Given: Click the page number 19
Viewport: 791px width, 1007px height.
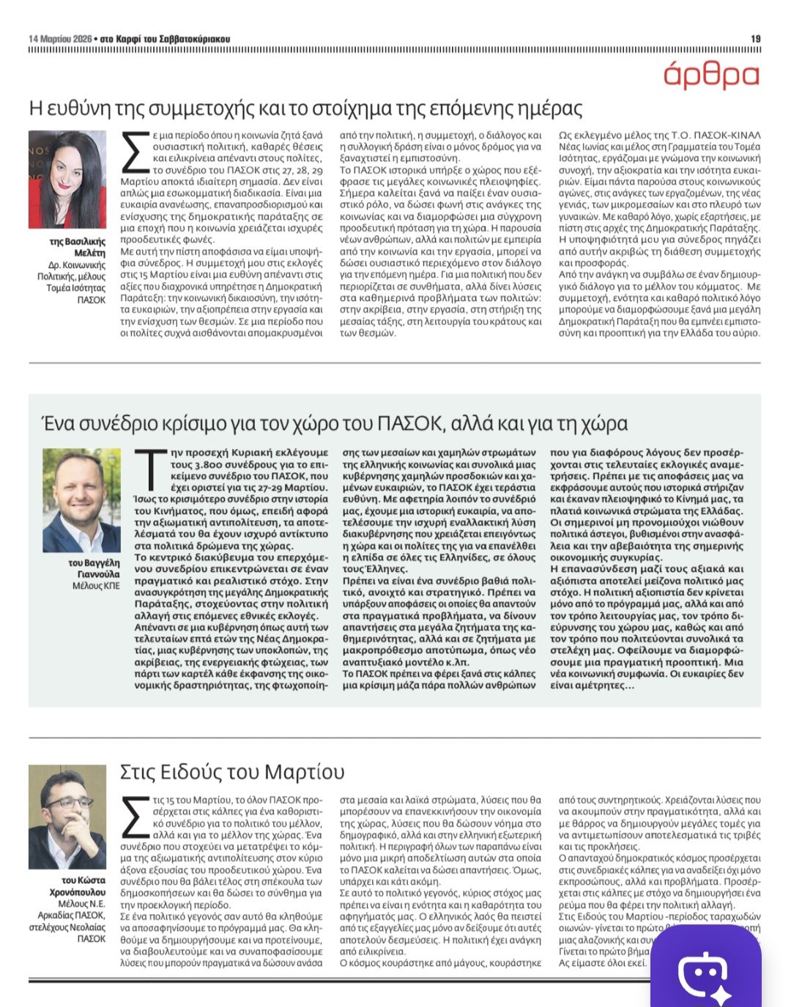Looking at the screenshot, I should [756, 39].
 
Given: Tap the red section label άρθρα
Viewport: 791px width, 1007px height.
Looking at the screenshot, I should [711, 75].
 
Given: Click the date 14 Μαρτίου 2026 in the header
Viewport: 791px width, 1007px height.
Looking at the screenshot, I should [60, 39].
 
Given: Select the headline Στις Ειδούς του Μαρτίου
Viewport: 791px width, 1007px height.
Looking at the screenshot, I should [231, 773].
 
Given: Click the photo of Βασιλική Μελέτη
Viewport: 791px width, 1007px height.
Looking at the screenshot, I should [67, 180].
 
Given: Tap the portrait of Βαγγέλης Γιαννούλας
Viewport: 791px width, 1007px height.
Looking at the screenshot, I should [81, 500].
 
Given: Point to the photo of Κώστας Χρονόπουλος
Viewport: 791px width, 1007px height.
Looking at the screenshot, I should [67, 817].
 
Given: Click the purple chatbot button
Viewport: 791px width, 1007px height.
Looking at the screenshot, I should [705, 970].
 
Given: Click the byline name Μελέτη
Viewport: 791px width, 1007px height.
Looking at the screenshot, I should [90, 253].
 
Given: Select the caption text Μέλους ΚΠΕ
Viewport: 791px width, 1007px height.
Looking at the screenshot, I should [96, 586].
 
